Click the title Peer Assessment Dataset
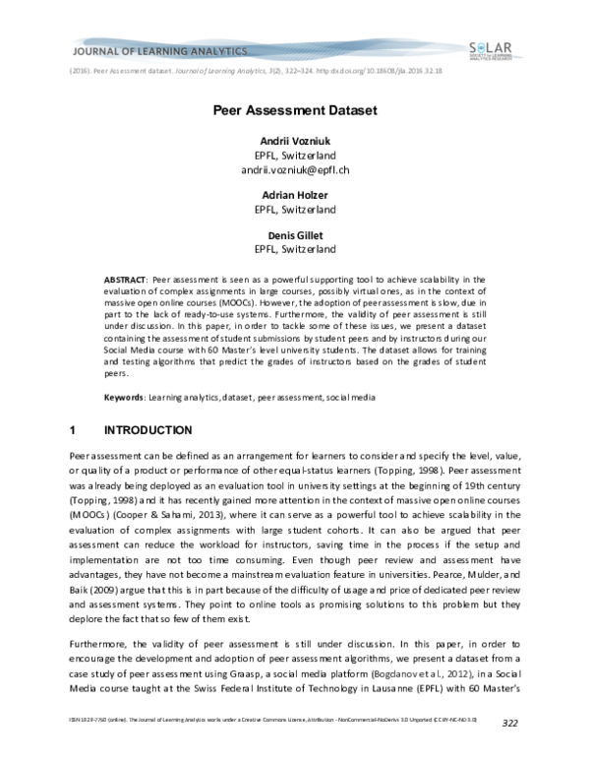[295, 112]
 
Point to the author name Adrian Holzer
[295, 194]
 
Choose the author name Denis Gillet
[295, 234]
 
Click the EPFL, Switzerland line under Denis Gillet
[295, 249]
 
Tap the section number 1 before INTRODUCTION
[74, 430]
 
